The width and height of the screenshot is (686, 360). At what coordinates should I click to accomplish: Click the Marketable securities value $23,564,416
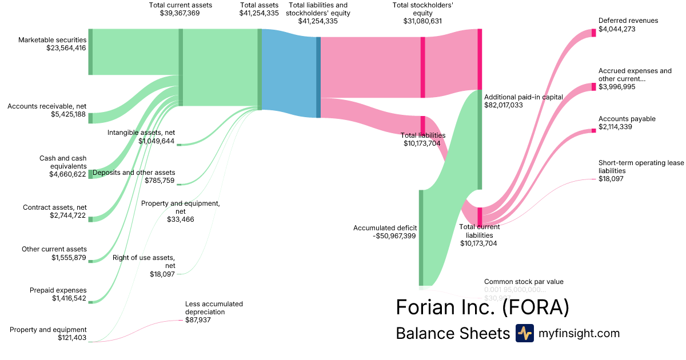click(66, 49)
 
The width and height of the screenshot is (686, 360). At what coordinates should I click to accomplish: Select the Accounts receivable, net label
click(46, 106)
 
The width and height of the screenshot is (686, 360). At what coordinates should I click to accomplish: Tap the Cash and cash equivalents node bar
click(90, 174)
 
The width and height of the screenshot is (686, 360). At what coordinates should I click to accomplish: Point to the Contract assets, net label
click(54, 207)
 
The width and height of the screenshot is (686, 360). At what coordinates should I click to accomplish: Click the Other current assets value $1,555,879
click(69, 258)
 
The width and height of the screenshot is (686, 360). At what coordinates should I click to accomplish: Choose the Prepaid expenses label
click(58, 290)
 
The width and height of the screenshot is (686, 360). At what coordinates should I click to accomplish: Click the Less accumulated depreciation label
click(214, 308)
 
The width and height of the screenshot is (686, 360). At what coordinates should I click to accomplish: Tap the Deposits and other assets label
click(134, 173)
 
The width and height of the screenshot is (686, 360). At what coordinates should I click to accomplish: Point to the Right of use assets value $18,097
click(162, 275)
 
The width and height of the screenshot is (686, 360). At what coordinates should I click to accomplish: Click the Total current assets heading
click(180, 5)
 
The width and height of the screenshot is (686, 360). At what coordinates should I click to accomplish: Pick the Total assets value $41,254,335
click(259, 13)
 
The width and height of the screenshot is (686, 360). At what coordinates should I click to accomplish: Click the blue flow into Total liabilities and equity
click(289, 73)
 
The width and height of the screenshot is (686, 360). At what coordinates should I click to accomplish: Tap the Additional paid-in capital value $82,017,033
click(504, 106)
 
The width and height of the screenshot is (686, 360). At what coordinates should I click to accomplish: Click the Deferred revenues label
click(628, 21)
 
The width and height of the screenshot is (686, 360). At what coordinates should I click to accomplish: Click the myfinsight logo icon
click(524, 333)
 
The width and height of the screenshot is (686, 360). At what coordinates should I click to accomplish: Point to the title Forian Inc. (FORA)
click(482, 307)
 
